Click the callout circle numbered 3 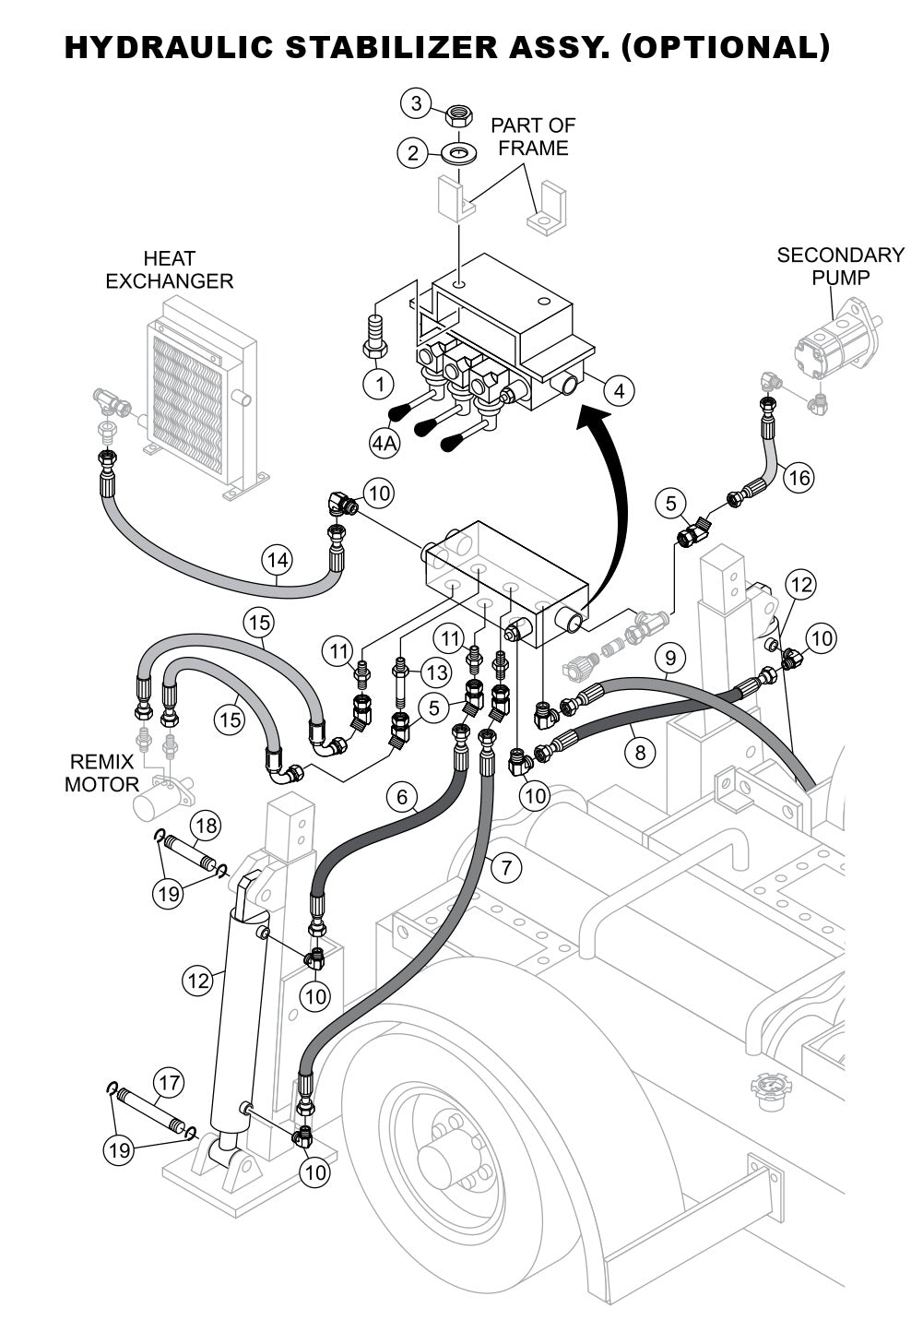click(x=416, y=103)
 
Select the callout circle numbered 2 click(x=412, y=152)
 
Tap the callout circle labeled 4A click(x=385, y=443)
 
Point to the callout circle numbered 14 click(x=278, y=559)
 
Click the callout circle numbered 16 click(x=799, y=477)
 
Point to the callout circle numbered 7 click(x=505, y=867)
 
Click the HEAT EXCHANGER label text click(x=170, y=269)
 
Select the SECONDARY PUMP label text click(x=840, y=266)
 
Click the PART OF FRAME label click(x=533, y=136)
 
